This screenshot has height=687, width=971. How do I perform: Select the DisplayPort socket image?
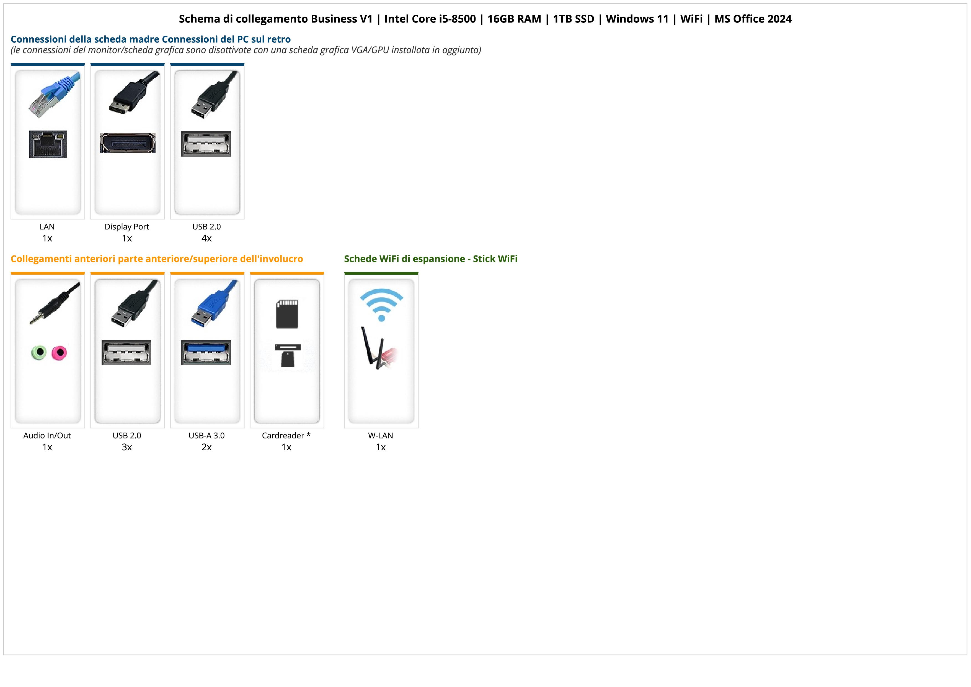point(127,143)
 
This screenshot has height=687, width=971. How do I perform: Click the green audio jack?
point(39,352)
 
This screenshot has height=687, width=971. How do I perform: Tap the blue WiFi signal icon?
point(381,304)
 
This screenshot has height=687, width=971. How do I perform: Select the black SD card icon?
point(287,314)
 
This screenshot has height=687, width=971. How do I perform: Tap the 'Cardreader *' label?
point(286,436)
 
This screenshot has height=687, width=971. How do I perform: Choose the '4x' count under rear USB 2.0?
point(206,238)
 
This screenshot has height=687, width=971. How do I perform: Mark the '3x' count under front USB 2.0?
point(127,447)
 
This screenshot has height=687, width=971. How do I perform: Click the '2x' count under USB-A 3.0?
point(206,447)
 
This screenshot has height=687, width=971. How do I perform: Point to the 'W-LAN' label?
point(381,436)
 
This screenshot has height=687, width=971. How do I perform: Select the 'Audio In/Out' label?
point(47,436)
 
